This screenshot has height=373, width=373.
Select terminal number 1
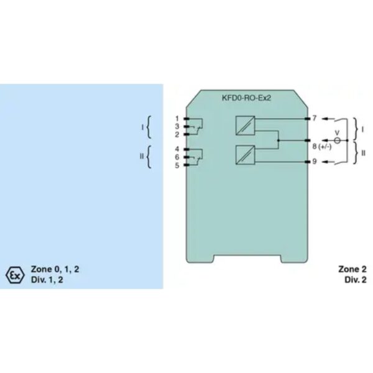pyautogui.click(x=177, y=118)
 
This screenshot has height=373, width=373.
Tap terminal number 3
pyautogui.click(x=177, y=126)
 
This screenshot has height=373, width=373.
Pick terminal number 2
pyautogui.click(x=177, y=134)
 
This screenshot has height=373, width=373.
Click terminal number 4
pyautogui.click(x=177, y=149)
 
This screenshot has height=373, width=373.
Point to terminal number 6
pyautogui.click(x=177, y=157)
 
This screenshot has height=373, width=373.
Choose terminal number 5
pyautogui.click(x=177, y=165)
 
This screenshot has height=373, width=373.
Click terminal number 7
pyautogui.click(x=315, y=117)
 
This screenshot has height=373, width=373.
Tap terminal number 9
pyautogui.click(x=315, y=162)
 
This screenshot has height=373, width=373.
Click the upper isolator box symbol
pyautogui.click(x=244, y=126)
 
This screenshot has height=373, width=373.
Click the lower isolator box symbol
pyautogui.click(x=244, y=154)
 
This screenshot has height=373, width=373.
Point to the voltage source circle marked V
pyautogui.click(x=337, y=141)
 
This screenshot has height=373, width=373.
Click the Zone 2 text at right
pyautogui.click(x=352, y=270)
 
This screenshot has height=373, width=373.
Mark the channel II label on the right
pyautogui.click(x=364, y=152)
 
